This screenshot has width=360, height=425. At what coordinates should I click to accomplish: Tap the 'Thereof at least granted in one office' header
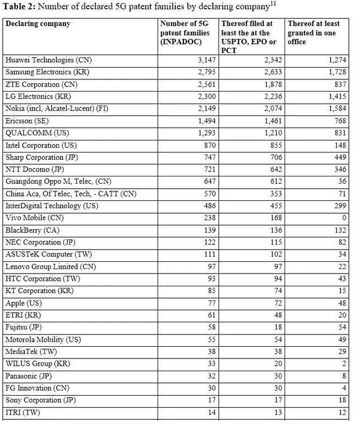(x=313, y=33)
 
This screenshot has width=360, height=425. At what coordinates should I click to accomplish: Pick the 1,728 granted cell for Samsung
(x=336, y=72)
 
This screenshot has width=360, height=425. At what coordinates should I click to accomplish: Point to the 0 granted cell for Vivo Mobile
(x=344, y=218)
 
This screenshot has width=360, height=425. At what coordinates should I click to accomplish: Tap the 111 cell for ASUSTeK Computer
(x=210, y=255)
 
